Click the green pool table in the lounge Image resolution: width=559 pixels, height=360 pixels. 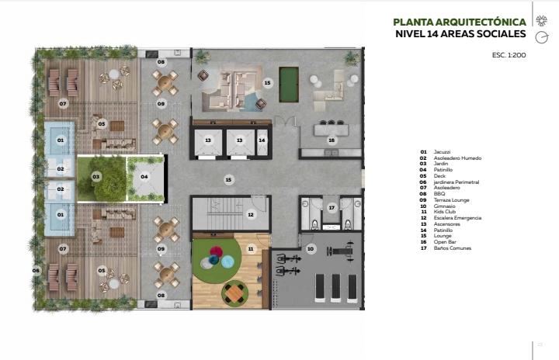288,85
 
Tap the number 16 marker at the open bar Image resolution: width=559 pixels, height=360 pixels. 332,140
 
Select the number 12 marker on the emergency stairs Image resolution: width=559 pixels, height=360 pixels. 251,214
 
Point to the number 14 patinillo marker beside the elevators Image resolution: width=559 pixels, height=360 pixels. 262,140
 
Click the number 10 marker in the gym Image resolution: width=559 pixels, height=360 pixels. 311,249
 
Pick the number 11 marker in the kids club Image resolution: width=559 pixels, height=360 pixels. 251,249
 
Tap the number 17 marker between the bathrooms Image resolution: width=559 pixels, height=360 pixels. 332,207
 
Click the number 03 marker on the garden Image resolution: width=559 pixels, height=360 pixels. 96,176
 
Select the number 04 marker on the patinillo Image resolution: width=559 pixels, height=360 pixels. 144,176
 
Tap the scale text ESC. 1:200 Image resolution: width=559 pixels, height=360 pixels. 509,55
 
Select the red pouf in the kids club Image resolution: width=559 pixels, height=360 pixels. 216,252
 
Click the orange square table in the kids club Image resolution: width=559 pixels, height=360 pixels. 234,293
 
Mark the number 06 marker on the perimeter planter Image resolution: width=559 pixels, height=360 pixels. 36,271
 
